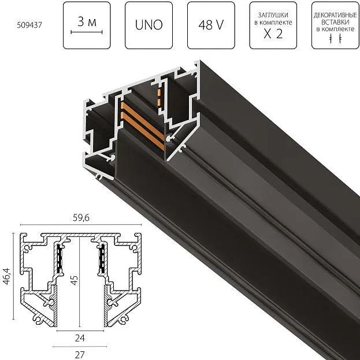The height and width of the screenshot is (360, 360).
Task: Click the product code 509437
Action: (x=29, y=25)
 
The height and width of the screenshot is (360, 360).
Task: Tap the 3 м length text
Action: (x=87, y=22)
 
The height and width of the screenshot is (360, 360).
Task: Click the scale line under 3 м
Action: (x=87, y=32)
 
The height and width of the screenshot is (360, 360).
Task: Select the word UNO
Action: (x=149, y=25)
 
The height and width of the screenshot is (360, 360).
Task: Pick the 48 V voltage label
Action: (x=211, y=25)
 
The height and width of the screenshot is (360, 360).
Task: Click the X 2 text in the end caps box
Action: (x=273, y=34)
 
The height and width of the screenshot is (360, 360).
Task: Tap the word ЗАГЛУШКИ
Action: (x=273, y=15)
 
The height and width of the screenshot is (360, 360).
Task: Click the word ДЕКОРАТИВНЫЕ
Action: (x=335, y=16)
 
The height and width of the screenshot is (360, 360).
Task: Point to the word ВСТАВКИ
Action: (x=335, y=23)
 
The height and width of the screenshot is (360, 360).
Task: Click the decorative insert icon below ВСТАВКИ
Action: (x=335, y=39)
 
